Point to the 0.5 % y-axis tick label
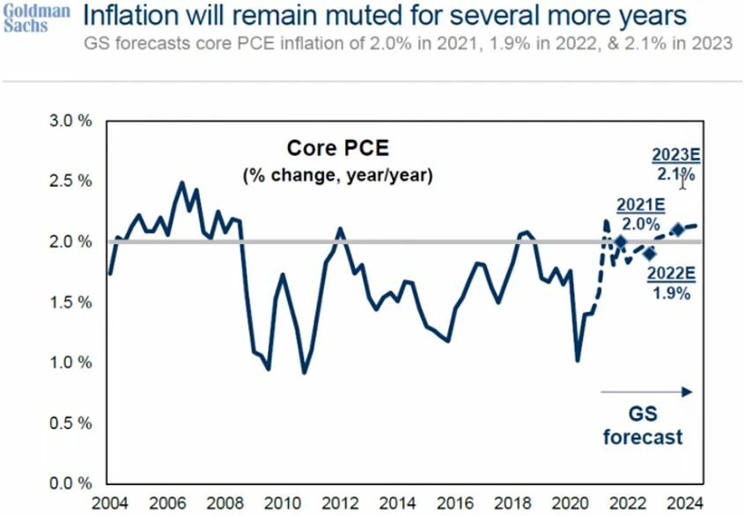click(x=70, y=423)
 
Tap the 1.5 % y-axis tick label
click(x=70, y=302)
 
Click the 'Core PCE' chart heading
click(x=324, y=149)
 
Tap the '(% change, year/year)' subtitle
click(x=337, y=176)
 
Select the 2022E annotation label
click(x=671, y=273)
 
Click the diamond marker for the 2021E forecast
click(x=620, y=241)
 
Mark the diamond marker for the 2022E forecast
click(x=650, y=254)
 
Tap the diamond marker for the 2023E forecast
click(x=677, y=230)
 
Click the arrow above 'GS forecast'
click(x=646, y=391)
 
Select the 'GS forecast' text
click(x=643, y=424)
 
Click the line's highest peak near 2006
click(x=182, y=183)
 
